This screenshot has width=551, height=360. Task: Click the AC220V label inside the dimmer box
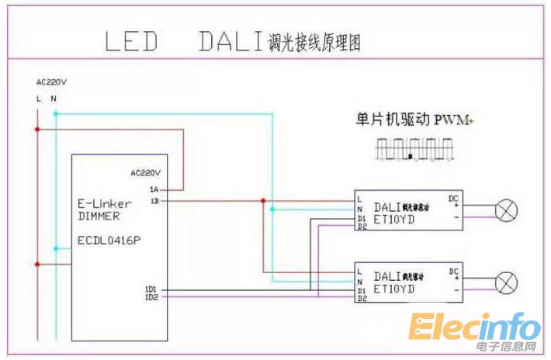click(x=146, y=173)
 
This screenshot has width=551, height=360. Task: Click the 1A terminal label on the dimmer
click(x=154, y=189)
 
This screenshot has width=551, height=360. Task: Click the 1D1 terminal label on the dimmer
click(x=151, y=289)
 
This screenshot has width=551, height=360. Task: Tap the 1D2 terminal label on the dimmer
click(x=151, y=297)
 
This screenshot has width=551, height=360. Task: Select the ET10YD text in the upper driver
click(x=394, y=220)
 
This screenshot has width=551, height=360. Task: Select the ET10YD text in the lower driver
click(x=394, y=289)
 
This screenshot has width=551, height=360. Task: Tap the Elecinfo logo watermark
click(x=475, y=330)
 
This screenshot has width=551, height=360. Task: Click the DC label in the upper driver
click(x=453, y=199)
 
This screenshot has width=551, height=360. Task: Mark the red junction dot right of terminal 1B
click(x=263, y=201)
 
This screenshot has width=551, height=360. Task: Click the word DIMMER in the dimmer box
click(x=99, y=216)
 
